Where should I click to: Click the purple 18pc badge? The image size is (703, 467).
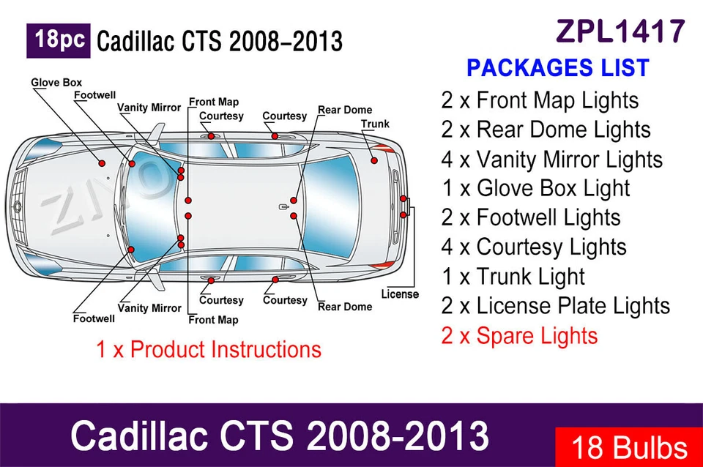click(59, 40)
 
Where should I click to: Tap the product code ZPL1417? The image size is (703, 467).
click(621, 31)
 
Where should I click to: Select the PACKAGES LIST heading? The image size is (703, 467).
click(557, 68)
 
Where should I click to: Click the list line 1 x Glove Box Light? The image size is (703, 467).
click(535, 188)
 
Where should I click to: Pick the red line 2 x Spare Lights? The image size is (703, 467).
click(519, 336)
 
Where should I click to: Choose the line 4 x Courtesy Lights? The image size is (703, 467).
click(533, 247)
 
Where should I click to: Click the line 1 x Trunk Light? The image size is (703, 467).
click(513, 277)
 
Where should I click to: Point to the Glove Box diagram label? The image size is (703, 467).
click(56, 83)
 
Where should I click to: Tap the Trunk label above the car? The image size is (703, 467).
click(375, 124)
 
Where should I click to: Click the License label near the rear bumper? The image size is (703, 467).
click(400, 294)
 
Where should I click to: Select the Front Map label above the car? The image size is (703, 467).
click(214, 102)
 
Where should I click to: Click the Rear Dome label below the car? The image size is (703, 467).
click(345, 307)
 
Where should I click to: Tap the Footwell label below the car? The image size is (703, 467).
click(94, 318)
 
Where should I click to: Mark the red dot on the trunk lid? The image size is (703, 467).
click(373, 160)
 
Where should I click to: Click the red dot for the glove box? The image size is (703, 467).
click(102, 162)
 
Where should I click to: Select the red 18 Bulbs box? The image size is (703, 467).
click(629, 447)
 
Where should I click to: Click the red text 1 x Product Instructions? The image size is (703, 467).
click(209, 349)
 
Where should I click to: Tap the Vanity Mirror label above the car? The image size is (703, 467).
click(149, 108)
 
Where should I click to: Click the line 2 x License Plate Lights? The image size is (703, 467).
click(555, 306)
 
